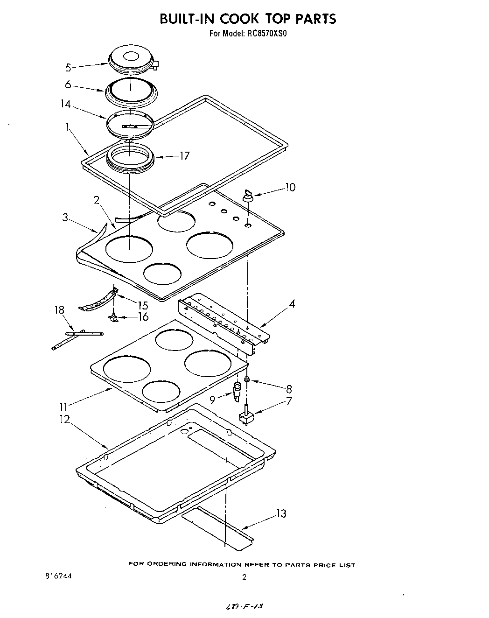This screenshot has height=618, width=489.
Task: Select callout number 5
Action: (68, 68)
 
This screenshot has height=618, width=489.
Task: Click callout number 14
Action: (65, 104)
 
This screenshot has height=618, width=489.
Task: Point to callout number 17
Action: (184, 155)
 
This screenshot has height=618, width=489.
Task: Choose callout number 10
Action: (290, 187)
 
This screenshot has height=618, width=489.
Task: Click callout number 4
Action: (292, 304)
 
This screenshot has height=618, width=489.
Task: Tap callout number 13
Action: (281, 514)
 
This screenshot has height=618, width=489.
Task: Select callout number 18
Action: (59, 310)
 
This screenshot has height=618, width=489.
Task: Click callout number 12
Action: (64, 419)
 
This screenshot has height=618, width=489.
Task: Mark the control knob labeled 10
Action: (247, 195)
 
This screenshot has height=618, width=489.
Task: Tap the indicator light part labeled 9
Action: (238, 390)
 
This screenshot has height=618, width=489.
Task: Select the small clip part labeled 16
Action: (112, 317)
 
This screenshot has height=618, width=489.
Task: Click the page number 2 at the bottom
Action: (244, 577)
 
